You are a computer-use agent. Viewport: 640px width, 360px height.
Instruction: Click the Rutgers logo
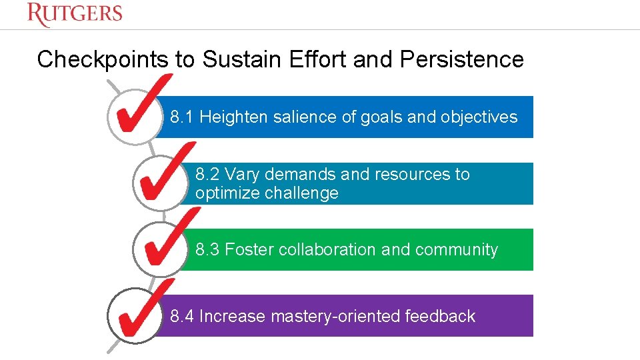(75, 14)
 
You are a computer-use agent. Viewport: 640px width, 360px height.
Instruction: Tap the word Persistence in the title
(462, 59)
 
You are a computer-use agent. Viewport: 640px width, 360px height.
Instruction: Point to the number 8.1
(182, 117)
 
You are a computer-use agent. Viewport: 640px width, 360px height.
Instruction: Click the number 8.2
(207, 175)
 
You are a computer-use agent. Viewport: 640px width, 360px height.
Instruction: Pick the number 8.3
(207, 250)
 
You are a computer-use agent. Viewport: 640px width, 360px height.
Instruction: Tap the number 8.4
(182, 316)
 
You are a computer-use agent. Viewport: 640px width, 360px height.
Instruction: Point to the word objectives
(479, 117)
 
